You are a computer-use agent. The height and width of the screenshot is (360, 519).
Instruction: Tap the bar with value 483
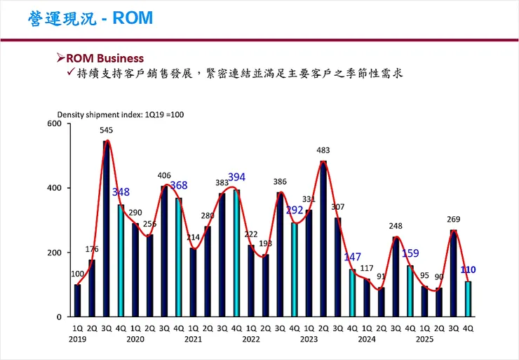coord(323,239)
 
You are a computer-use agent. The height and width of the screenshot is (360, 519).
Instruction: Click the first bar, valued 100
coord(77,300)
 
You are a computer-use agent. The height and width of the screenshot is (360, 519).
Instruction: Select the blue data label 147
coord(352,257)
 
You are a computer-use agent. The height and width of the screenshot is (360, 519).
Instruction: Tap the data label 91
coord(381,276)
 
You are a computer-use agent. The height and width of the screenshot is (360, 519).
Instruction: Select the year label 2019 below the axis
coord(77,338)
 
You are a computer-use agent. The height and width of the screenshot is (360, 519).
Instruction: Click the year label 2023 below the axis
coord(309,338)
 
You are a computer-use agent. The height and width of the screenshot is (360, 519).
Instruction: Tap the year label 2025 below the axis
coord(425,338)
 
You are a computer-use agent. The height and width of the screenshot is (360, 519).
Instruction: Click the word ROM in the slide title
coord(132,18)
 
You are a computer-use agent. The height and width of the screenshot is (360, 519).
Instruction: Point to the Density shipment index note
coord(120,114)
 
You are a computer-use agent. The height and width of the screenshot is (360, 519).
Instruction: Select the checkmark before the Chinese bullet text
coord(71,72)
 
